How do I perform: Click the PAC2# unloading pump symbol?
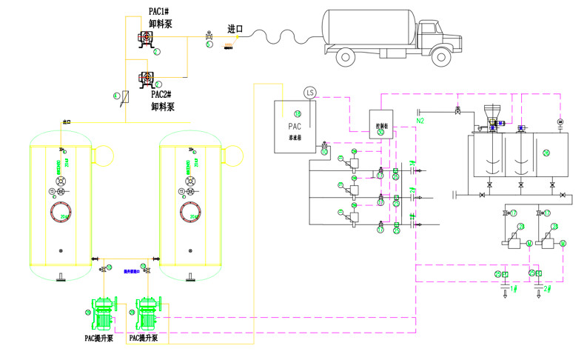[x=147, y=76]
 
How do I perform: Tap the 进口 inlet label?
[x=235, y=30]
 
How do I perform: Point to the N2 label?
[x=420, y=120]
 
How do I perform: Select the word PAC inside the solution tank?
[x=292, y=125]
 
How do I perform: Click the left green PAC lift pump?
[x=103, y=315]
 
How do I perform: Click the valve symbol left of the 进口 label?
[x=209, y=36]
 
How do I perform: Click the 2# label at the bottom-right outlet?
[x=548, y=288]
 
